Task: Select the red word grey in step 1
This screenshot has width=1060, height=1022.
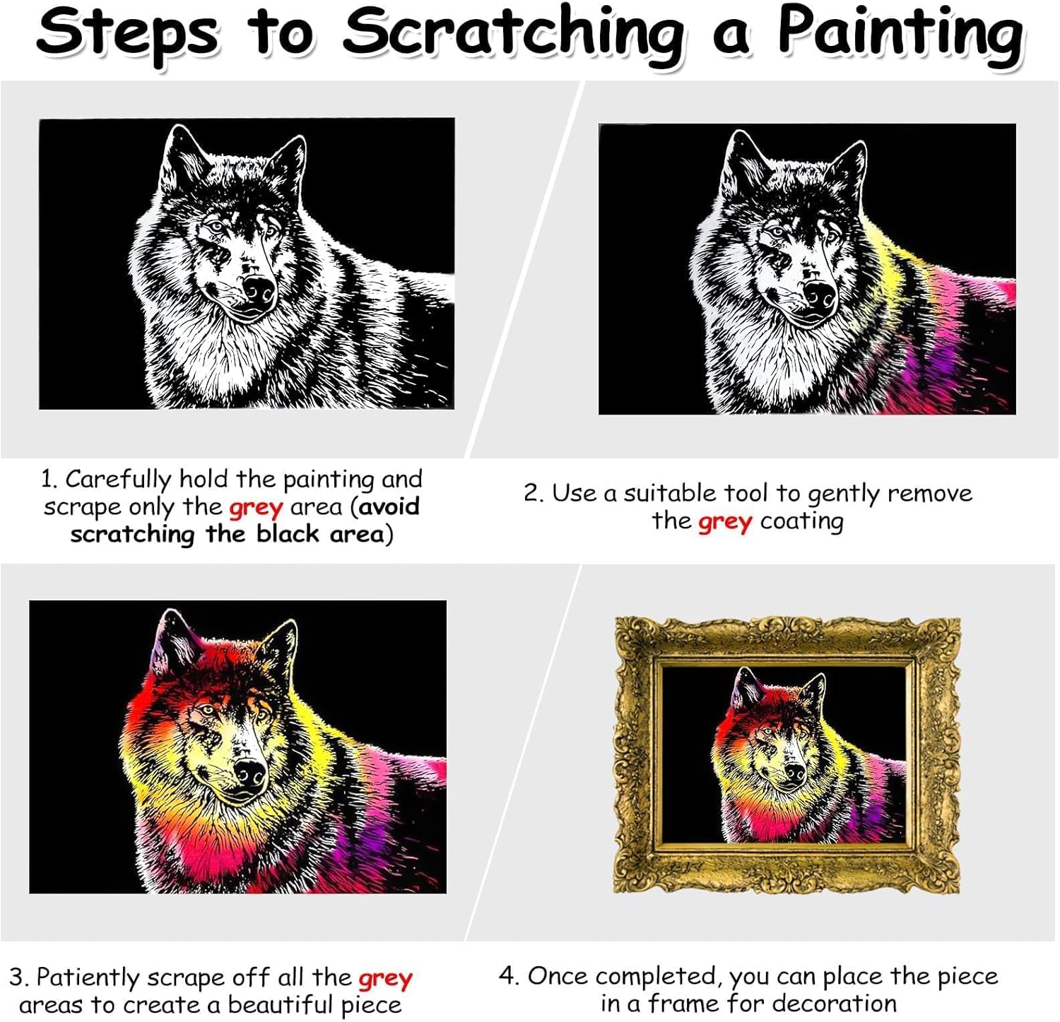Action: (256, 508)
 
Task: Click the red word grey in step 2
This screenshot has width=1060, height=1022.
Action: (725, 523)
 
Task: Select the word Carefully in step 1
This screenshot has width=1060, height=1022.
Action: (119, 480)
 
